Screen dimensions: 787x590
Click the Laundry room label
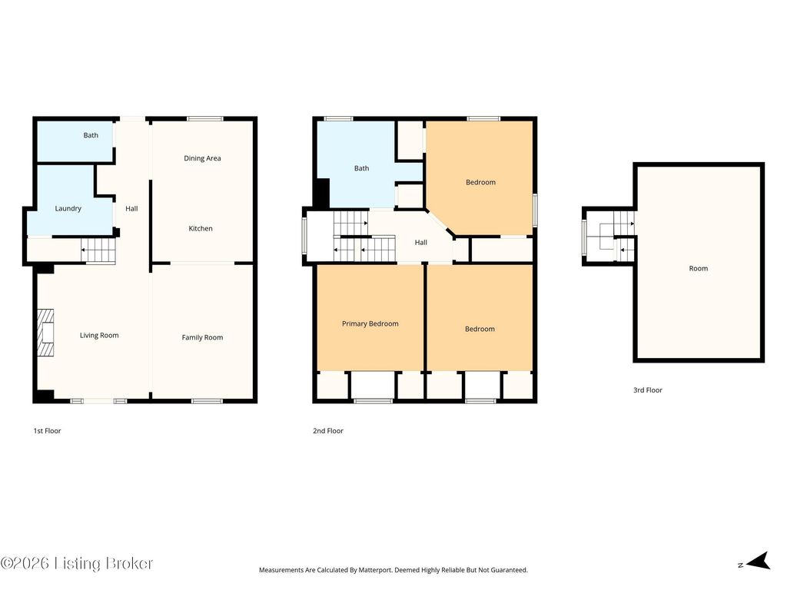pos(68,208)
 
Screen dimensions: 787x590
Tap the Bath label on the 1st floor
pos(91,135)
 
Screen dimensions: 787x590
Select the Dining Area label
pos(202,158)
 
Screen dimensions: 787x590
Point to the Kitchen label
pos(201,228)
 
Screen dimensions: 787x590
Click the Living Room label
pos(99,335)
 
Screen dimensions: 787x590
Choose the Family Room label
pos(202,337)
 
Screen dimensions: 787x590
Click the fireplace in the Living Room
pos(45,333)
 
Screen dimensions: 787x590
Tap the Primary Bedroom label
pos(370,323)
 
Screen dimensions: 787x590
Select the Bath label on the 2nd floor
pos(361,168)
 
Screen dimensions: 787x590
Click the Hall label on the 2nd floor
pos(420,242)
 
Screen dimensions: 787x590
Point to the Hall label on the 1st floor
pos(131,208)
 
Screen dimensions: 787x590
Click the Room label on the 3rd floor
pos(698,268)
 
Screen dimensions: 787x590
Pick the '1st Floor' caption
pos(47,430)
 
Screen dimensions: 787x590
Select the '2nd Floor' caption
pos(328,430)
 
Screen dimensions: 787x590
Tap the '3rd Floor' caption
pos(647,389)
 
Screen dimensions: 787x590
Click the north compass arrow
pos(758,561)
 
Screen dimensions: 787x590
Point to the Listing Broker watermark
pos(76,563)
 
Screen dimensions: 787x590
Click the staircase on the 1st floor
pos(98,250)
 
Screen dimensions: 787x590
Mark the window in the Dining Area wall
pos(204,119)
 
